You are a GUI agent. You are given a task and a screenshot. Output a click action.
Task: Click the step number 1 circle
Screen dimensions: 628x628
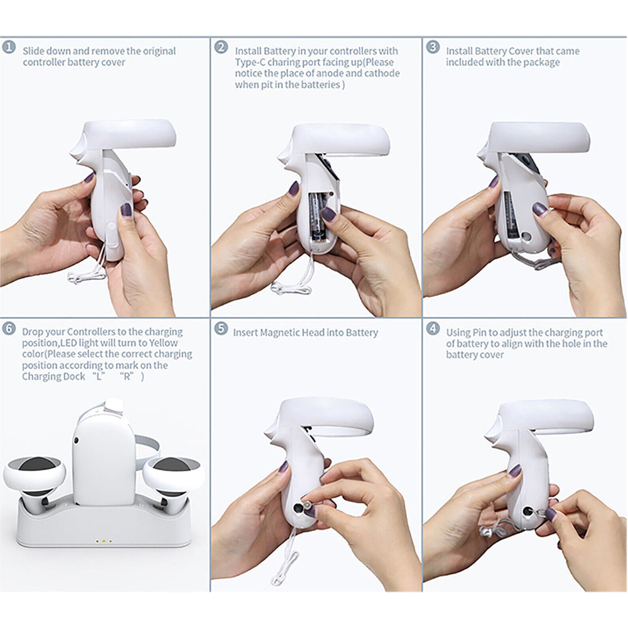[x=8, y=47]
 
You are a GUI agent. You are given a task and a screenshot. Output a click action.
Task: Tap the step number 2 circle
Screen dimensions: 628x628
[x=220, y=47]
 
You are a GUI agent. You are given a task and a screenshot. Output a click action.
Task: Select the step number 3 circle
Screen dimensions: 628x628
[x=433, y=47]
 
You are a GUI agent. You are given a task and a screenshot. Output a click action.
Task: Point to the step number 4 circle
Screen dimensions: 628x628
[x=433, y=328]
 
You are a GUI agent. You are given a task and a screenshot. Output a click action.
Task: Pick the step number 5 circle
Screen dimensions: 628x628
[x=220, y=328]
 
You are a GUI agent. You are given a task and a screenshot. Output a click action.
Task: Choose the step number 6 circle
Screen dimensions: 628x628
[x=8, y=328]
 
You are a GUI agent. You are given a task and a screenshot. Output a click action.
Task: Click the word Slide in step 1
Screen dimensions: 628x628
[x=33, y=51]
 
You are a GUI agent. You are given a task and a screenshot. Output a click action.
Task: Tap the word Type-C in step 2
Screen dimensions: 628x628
[x=250, y=62]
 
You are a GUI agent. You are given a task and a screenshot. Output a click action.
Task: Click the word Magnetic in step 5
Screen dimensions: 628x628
[x=279, y=333]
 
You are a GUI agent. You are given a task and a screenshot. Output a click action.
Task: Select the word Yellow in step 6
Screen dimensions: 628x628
[x=163, y=343]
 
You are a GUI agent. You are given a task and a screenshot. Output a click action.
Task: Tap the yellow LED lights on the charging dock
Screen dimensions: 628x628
[x=104, y=541]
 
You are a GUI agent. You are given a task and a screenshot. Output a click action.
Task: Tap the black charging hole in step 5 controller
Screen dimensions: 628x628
[x=298, y=508]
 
